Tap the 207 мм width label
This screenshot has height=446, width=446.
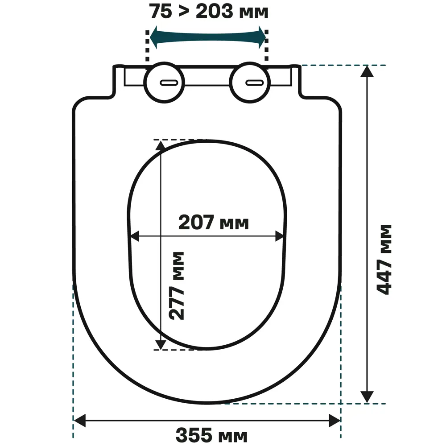click(213, 222)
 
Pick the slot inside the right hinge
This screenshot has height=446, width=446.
click(255, 83)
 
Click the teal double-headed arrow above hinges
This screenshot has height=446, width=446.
click(207, 38)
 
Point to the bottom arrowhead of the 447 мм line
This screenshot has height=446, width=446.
click(367, 396)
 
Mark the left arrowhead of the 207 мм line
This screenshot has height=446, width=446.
click(134, 236)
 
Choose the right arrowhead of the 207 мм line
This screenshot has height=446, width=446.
click(279, 236)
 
